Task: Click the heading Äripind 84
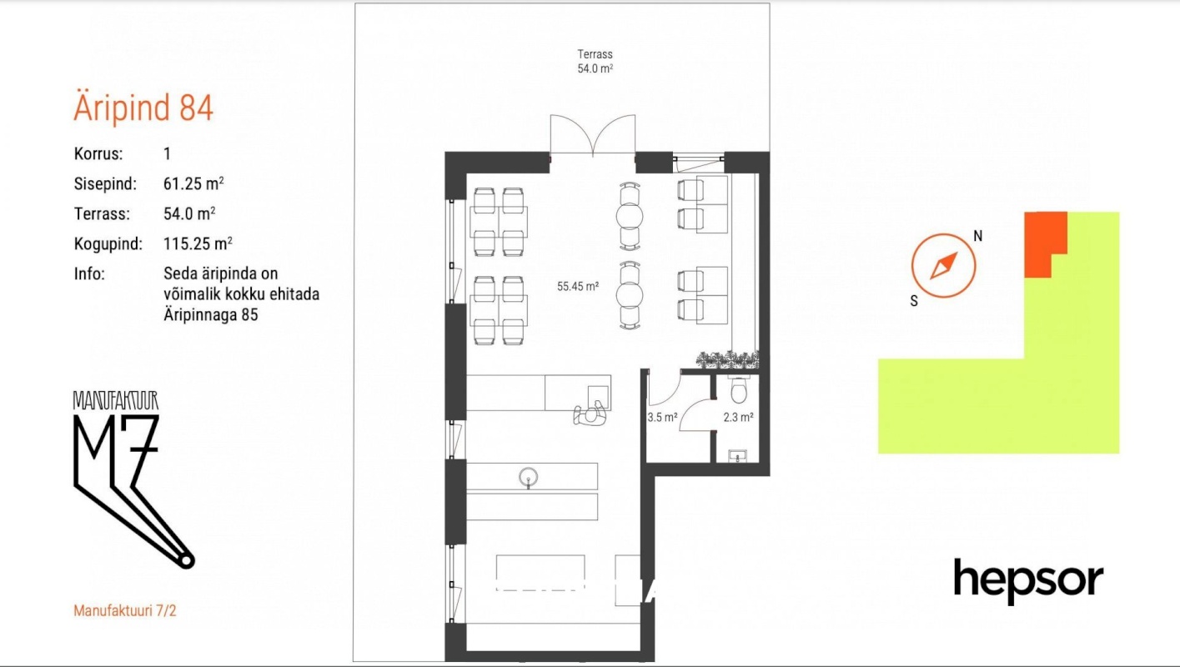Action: (x=143, y=108)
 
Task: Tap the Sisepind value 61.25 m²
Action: (x=193, y=183)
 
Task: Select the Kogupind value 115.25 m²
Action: (x=198, y=243)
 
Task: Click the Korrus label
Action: (x=98, y=154)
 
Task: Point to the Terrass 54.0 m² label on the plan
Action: (x=595, y=61)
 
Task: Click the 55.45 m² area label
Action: (x=578, y=287)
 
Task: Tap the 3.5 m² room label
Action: (x=662, y=417)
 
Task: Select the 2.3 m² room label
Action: (x=738, y=417)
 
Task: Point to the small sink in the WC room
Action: (x=737, y=456)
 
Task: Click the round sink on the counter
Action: (x=528, y=478)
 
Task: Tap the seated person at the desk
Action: (x=590, y=414)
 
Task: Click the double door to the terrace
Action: (x=593, y=135)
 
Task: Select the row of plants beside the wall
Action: (x=727, y=359)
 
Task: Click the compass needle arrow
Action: (x=943, y=266)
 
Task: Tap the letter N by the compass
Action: (x=977, y=236)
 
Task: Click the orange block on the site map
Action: (x=1046, y=244)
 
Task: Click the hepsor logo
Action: (x=1028, y=581)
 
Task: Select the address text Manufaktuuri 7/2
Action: (x=125, y=610)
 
